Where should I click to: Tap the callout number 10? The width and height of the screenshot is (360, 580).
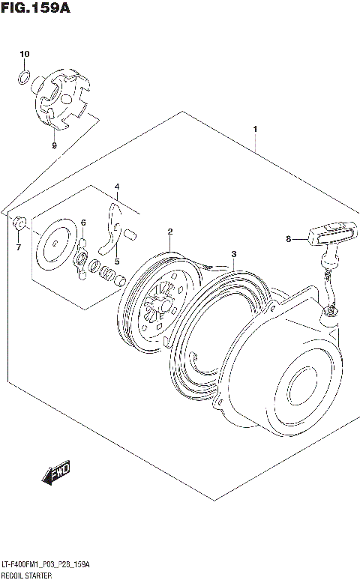(24, 54)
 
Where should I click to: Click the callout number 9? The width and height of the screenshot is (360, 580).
(54, 145)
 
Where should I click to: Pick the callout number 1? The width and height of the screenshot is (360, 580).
(256, 130)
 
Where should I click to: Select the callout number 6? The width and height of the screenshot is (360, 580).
(83, 223)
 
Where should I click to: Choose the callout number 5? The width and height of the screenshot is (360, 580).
(116, 261)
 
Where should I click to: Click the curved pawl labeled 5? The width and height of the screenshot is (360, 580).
(113, 225)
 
